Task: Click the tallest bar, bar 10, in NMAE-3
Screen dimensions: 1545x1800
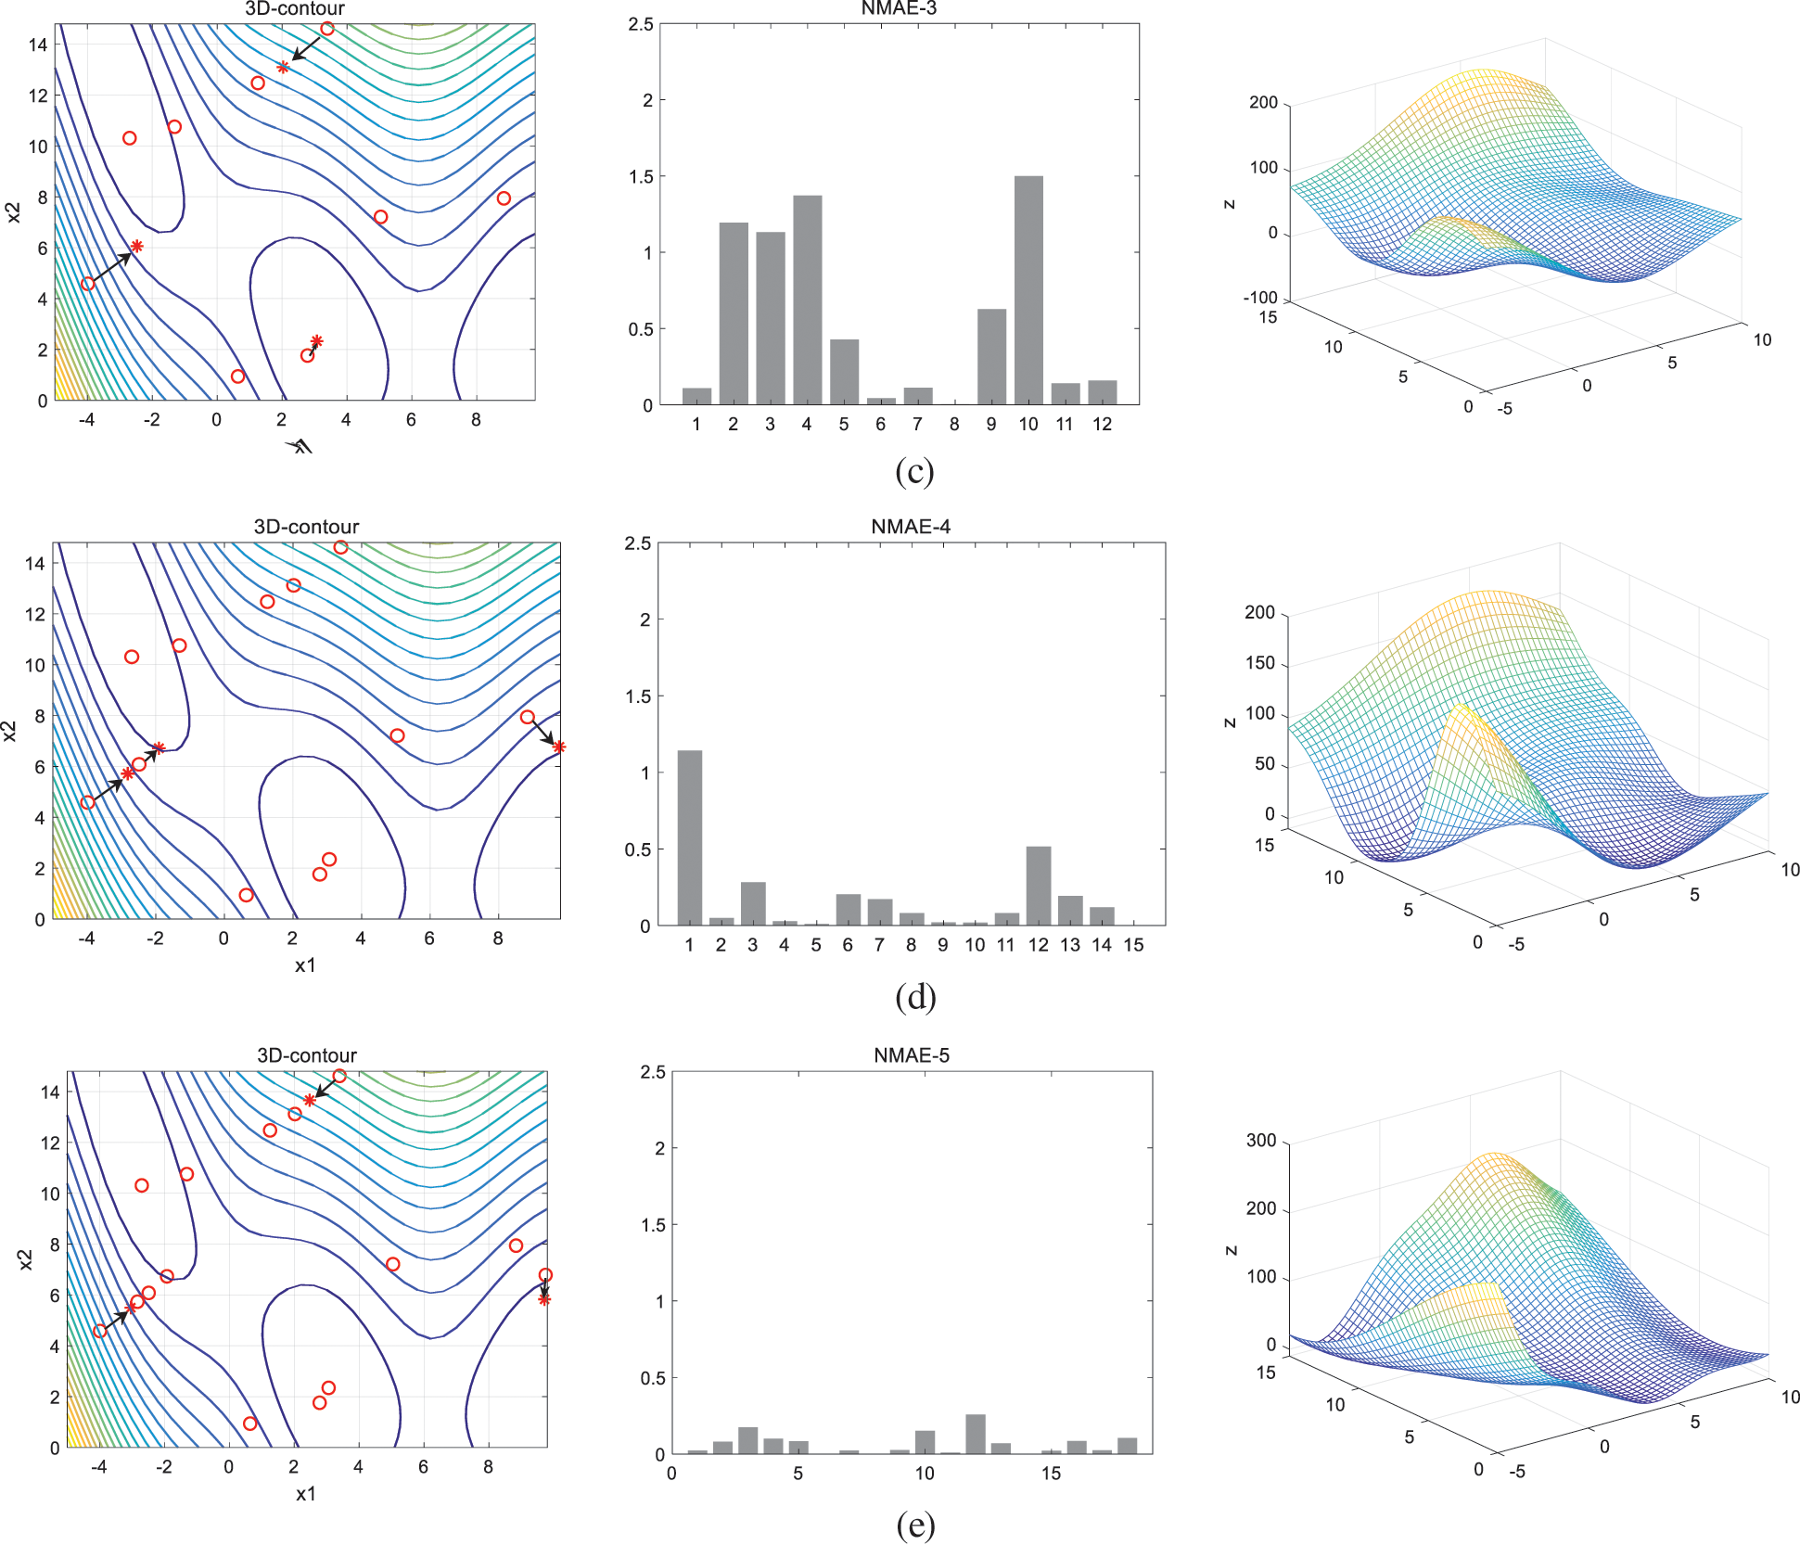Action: [1028, 290]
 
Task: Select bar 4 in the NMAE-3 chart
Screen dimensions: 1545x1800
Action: [807, 300]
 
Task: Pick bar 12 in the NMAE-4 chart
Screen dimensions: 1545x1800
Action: [1038, 886]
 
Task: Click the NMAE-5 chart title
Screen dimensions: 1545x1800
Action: [911, 1055]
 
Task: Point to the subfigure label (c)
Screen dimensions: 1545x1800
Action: [914, 471]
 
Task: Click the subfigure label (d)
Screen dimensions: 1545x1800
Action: [915, 997]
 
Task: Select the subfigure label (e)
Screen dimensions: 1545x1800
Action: [915, 1524]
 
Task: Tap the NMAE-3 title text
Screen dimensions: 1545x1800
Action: [899, 8]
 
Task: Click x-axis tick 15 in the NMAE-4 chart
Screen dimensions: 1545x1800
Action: [1133, 945]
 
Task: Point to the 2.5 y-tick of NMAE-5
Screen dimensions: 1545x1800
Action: [653, 1072]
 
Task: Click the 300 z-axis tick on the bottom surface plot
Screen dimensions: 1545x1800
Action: [1261, 1140]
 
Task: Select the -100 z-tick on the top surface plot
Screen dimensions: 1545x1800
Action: [1260, 298]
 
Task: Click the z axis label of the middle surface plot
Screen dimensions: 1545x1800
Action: [1230, 722]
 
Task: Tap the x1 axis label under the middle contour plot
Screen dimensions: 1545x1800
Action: [305, 965]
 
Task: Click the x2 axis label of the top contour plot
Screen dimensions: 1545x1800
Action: [13, 212]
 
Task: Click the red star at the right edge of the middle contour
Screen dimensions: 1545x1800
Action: [558, 747]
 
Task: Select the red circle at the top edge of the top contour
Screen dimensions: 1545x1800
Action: [326, 29]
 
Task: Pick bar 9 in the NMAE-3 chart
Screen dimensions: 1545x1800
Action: [991, 357]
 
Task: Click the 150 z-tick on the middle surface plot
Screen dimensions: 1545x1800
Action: [1260, 663]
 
